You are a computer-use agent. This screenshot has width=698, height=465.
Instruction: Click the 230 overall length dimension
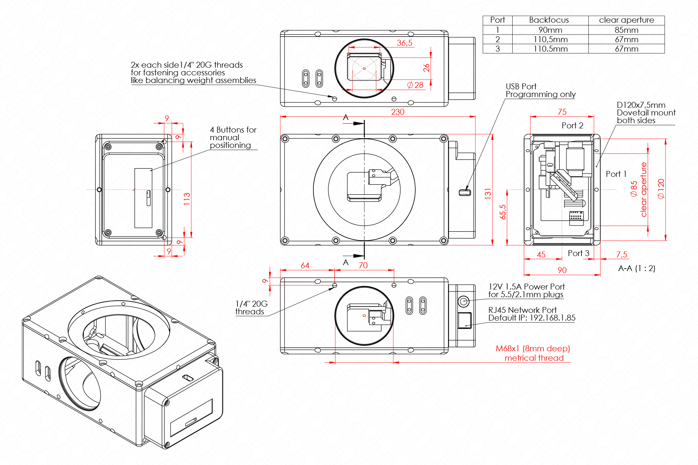tap(398, 112)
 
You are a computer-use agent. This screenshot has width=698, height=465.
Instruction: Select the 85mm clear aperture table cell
tap(626, 30)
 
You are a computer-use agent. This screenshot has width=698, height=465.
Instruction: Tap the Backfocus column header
tap(549, 20)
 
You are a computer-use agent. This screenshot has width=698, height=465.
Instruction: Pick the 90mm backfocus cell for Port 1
tap(550, 30)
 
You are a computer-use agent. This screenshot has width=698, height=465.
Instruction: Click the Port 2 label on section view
tap(572, 126)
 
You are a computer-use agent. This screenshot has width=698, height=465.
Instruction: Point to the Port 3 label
tap(578, 253)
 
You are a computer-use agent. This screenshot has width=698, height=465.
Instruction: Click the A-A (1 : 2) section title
tap(637, 268)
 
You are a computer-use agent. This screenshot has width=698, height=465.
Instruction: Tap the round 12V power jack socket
tap(463, 301)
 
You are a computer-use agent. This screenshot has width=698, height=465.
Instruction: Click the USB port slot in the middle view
tap(465, 193)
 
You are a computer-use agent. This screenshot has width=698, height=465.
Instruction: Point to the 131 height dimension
tap(488, 194)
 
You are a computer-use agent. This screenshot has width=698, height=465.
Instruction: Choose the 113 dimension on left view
tap(187, 198)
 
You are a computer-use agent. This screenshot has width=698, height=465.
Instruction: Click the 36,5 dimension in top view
tap(404, 43)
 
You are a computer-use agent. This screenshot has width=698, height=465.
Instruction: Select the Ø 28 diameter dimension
tap(415, 85)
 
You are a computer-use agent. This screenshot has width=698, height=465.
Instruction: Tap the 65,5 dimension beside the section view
tap(503, 212)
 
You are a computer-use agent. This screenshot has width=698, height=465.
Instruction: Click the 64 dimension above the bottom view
tap(305, 265)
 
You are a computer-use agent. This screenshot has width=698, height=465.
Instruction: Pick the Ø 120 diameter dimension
tap(661, 189)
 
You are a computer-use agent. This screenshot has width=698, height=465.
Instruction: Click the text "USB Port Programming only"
tap(540, 90)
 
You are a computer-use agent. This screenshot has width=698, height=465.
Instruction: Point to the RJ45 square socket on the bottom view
tap(465, 320)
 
